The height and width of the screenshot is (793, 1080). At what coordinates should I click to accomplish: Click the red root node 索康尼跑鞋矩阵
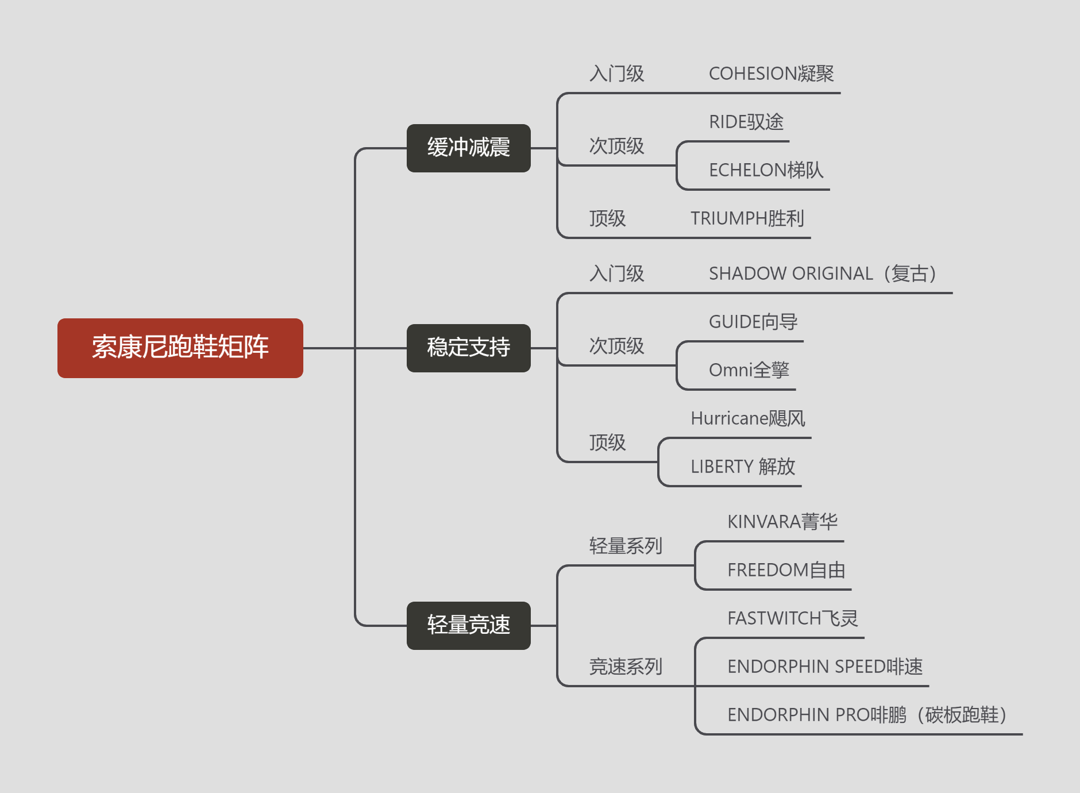click(180, 348)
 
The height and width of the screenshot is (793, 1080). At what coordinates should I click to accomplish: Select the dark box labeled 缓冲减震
click(468, 148)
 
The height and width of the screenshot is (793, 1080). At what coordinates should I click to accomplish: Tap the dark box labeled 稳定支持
click(468, 348)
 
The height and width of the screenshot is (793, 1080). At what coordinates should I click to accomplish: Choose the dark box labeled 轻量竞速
click(468, 625)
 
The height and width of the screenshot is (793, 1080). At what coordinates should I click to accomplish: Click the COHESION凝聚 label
click(771, 74)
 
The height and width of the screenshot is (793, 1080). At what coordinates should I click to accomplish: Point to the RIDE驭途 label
click(746, 122)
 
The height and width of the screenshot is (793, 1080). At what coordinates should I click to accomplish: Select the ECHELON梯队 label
click(766, 170)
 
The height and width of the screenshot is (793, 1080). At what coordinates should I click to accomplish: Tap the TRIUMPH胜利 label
click(747, 218)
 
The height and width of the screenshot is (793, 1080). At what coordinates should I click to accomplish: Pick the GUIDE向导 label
click(753, 322)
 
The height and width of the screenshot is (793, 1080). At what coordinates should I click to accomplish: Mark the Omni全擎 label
click(749, 370)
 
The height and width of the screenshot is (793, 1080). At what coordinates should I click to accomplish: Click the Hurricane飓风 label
click(747, 418)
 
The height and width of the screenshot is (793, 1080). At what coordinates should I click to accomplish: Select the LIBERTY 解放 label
click(742, 467)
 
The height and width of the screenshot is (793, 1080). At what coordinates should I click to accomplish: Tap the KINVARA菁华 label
click(782, 522)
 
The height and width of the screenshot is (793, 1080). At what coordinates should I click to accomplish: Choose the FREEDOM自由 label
click(786, 570)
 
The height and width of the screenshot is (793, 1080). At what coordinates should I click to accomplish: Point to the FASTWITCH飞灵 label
click(792, 618)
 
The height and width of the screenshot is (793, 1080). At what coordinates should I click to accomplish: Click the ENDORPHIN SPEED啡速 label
click(824, 667)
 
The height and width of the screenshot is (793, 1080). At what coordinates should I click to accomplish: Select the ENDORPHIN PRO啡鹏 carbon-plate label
click(866, 715)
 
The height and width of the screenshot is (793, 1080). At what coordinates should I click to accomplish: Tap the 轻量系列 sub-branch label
click(626, 546)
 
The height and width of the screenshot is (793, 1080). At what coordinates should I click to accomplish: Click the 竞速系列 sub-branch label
click(626, 667)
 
